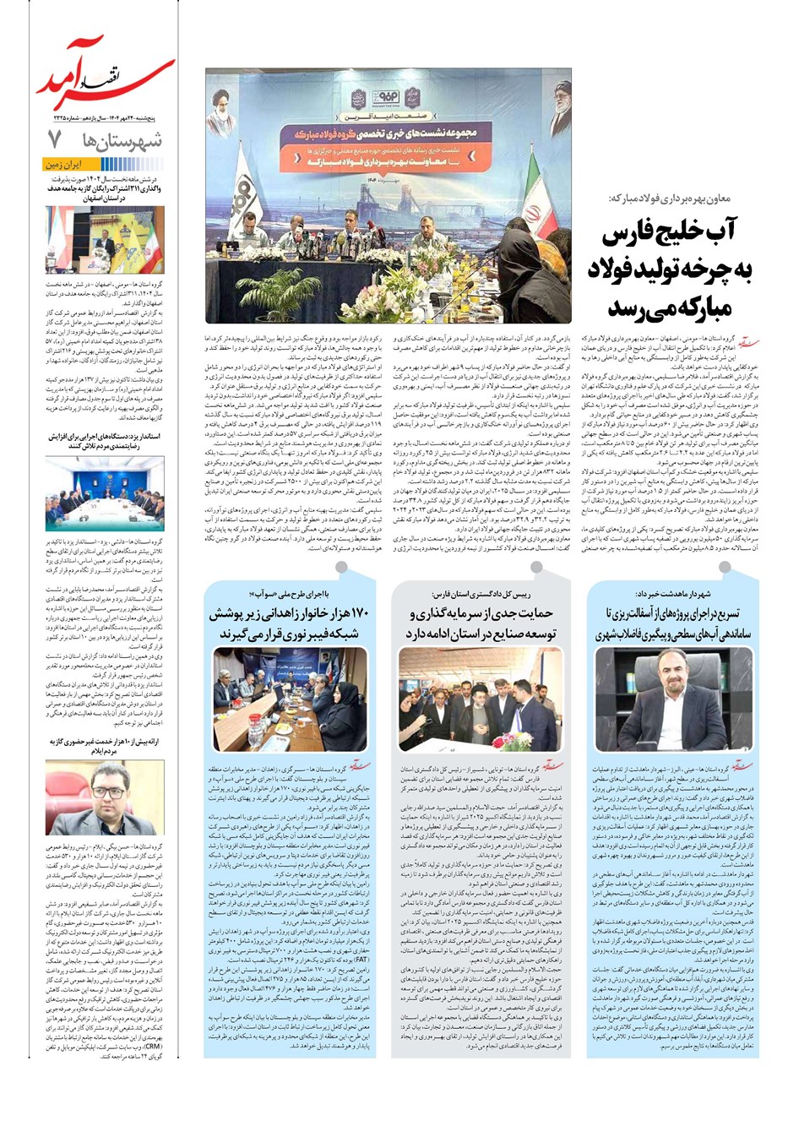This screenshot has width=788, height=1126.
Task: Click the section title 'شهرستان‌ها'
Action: [127, 140]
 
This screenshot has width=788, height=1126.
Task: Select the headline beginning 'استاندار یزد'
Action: [105, 440]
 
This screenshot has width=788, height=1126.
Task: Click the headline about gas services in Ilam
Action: [105, 745]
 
